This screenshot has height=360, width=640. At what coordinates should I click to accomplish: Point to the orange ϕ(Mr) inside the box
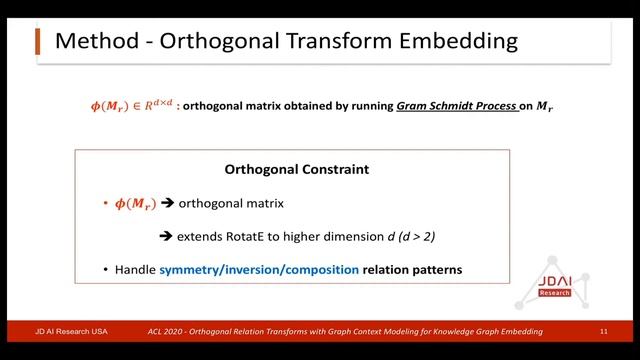tap(134, 203)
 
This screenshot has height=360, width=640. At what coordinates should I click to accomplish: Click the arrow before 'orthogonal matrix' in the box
tap(168, 203)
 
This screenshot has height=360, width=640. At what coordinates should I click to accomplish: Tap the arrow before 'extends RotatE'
tap(168, 237)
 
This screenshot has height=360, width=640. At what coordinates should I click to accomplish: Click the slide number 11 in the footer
tap(604, 331)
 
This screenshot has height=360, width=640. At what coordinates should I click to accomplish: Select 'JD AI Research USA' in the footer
tap(73, 331)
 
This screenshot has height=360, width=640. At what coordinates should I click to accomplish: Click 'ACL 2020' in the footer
tap(167, 331)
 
